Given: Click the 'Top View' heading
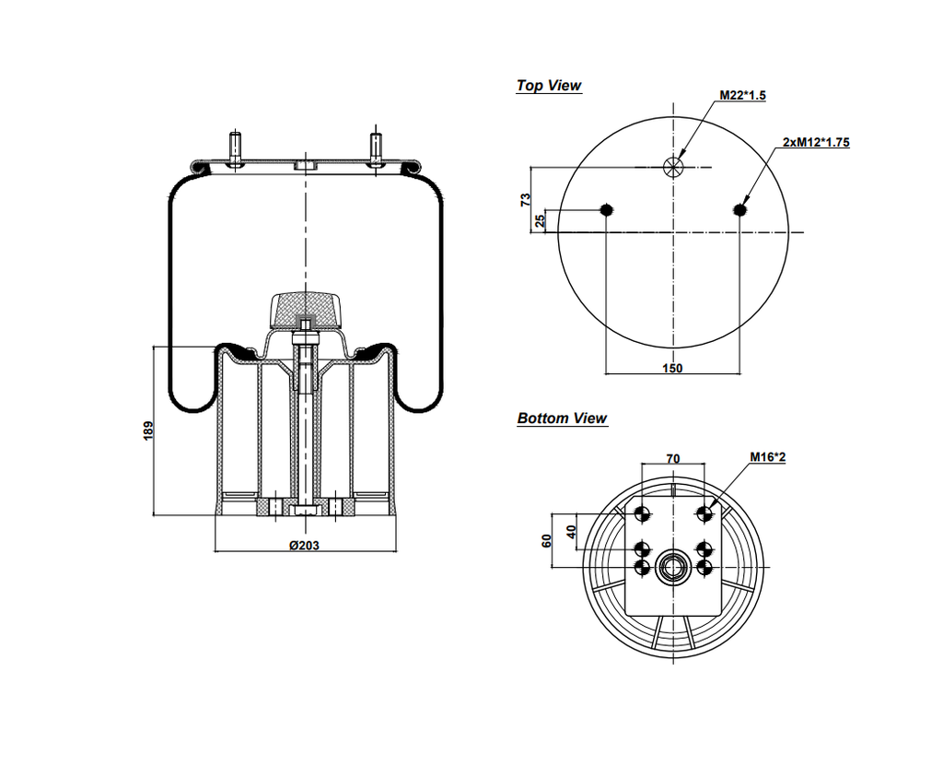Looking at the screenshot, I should (x=549, y=86).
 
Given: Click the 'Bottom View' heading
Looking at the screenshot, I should (x=562, y=418).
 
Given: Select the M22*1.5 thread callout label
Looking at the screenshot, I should (x=742, y=97).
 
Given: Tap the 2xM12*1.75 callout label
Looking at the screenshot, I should (x=815, y=142).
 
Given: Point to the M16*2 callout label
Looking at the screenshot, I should (x=766, y=457).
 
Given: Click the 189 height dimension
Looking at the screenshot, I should (x=148, y=430).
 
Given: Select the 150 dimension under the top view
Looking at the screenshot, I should (x=673, y=368).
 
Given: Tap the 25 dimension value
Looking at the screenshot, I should (x=541, y=220).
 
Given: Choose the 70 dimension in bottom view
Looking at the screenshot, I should (x=672, y=458).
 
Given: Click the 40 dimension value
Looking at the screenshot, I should (x=571, y=531).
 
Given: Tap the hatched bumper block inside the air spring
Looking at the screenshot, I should (x=304, y=308).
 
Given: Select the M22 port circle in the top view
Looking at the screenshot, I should (x=673, y=167).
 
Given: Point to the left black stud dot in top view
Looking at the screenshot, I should (x=606, y=211).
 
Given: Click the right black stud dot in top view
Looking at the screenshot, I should (x=741, y=211).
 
